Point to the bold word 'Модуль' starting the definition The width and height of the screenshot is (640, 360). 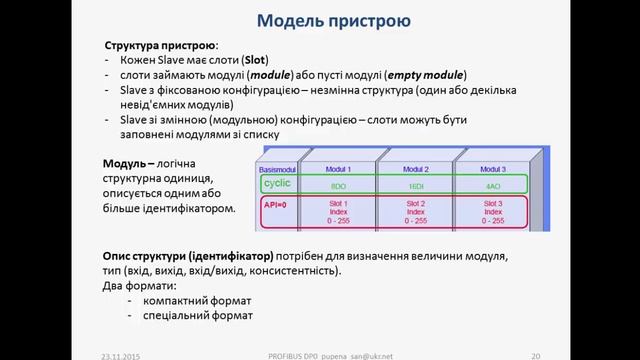[x=128, y=163]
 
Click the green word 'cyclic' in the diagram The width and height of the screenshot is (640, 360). [x=277, y=184]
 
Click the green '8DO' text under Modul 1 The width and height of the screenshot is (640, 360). [x=337, y=186]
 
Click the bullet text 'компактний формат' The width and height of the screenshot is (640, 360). [x=198, y=300]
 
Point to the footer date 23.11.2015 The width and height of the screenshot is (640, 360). [x=122, y=354]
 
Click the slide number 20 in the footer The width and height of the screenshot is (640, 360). [x=536, y=354]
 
